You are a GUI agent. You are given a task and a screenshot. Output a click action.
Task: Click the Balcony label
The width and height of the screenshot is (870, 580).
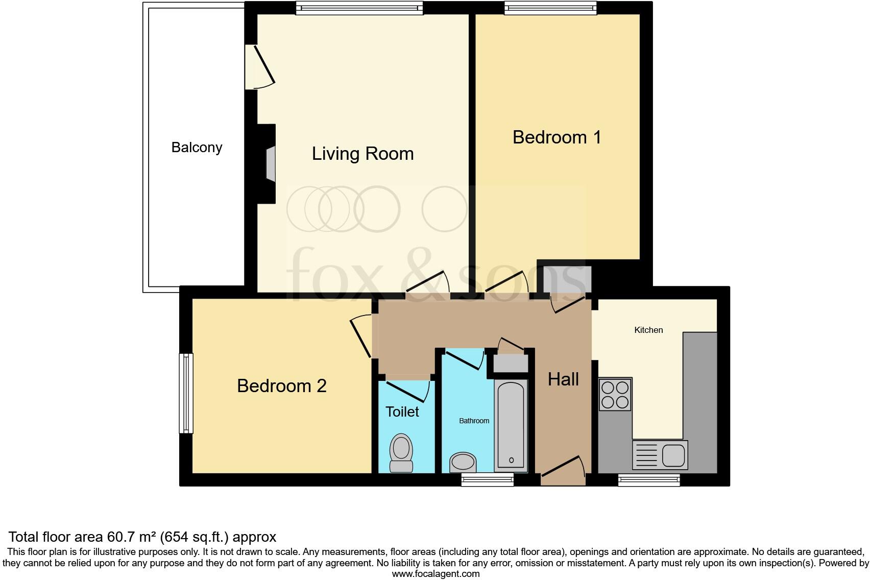click(197, 148)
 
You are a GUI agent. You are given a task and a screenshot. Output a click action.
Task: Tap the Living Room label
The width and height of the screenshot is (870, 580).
click(362, 154)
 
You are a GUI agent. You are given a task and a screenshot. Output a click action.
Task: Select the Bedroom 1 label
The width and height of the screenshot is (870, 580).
click(557, 137)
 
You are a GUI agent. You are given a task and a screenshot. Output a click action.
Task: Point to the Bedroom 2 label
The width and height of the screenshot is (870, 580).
click(281, 386)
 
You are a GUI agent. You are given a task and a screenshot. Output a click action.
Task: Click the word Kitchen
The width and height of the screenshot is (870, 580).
click(648, 330)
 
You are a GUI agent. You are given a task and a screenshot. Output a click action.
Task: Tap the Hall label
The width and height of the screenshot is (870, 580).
click(563, 379)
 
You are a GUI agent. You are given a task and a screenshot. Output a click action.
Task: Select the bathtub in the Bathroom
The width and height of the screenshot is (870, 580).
click(511, 424)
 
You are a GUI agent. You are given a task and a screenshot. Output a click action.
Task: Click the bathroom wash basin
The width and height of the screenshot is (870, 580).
click(463, 463)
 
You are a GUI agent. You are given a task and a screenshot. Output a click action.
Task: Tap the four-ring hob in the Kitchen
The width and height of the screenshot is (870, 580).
click(615, 394)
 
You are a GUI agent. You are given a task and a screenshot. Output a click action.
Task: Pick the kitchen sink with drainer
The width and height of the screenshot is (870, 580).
click(660, 455)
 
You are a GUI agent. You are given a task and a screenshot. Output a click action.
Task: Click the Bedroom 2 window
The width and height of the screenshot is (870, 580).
click(187, 393)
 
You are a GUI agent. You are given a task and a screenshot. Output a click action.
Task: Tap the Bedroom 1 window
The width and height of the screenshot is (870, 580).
click(550, 7)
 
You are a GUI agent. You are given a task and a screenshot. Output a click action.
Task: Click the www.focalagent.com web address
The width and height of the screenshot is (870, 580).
click(436, 574)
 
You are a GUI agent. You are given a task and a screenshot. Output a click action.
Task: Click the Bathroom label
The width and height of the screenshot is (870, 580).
click(474, 421)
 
